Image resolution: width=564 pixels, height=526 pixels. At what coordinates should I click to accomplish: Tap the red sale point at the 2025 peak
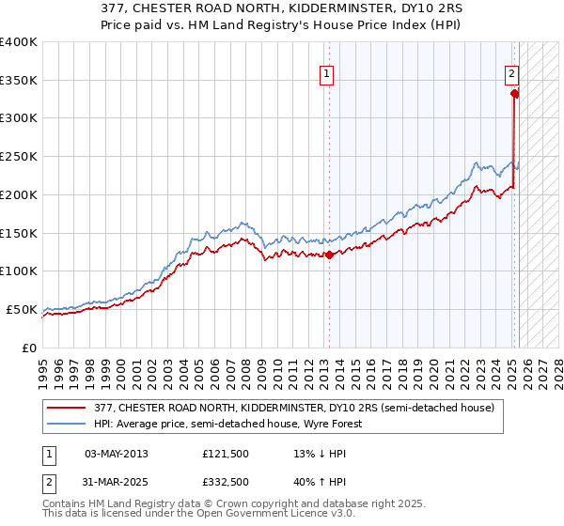coord(514,93)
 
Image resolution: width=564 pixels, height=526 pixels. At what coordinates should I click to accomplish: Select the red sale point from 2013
coord(329,255)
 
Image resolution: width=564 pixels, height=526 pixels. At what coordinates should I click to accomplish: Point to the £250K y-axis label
coord(19,157)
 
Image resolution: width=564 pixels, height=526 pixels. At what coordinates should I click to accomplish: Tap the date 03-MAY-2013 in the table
coord(117,454)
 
